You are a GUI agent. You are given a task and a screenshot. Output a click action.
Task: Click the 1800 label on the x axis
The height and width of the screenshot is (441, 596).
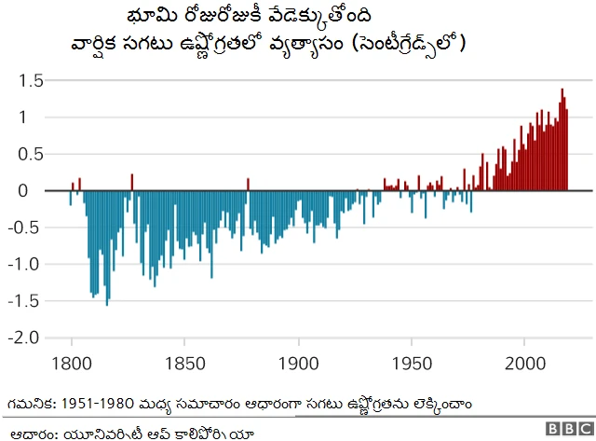coord(72,361)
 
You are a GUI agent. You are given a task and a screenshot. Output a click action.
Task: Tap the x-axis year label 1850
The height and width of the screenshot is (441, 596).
coord(184,361)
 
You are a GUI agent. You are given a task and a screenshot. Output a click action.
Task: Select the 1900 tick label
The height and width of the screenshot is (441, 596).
coord(298,361)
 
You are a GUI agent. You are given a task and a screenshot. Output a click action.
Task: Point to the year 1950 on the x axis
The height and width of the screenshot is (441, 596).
coord(412,361)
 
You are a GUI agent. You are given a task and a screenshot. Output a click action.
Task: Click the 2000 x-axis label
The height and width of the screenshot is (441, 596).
coord(525,361)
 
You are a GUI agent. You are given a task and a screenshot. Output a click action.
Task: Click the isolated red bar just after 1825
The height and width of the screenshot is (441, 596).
coord(131,182)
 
